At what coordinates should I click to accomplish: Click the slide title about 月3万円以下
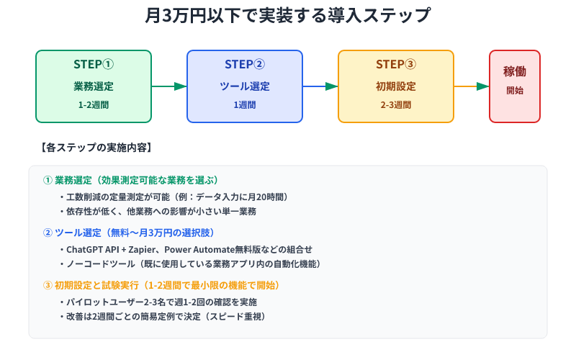click(x=288, y=15)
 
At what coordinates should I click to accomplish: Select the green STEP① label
click(x=94, y=64)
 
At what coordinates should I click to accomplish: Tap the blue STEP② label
click(x=245, y=64)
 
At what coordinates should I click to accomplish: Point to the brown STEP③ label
click(x=396, y=64)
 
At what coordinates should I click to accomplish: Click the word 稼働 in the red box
click(x=515, y=72)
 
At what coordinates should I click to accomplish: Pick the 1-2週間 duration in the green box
click(x=94, y=105)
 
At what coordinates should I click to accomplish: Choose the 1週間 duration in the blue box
click(x=245, y=105)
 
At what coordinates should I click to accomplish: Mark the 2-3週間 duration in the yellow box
click(x=396, y=105)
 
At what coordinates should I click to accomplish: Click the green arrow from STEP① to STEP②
click(x=169, y=86)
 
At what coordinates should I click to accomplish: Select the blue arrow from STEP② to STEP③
click(x=320, y=86)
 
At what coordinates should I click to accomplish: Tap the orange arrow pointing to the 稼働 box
click(x=472, y=86)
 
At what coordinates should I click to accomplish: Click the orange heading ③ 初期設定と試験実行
click(x=161, y=285)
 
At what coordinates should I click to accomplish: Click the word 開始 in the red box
click(x=515, y=91)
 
